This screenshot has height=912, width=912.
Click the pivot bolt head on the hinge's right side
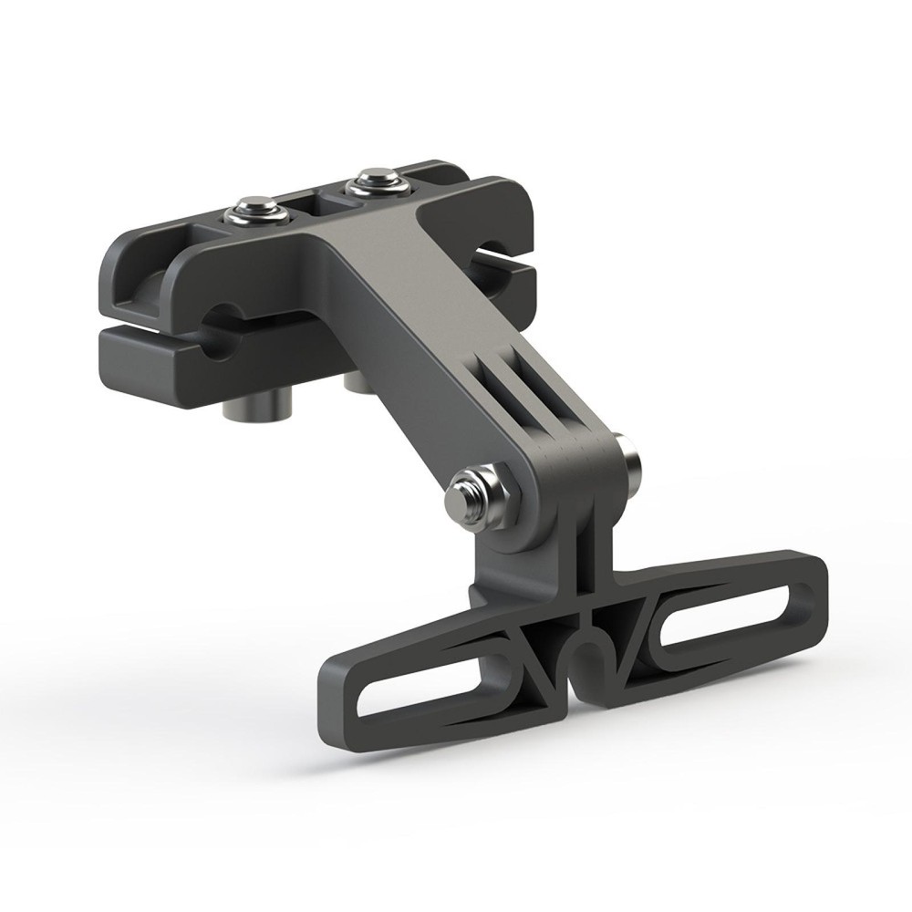point(627,461)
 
